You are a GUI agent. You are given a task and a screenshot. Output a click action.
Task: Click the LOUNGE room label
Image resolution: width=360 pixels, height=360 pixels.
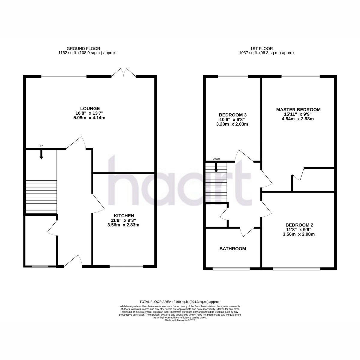click(90, 108)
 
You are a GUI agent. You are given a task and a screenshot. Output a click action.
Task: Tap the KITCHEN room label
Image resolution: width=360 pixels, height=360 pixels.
click(124, 216)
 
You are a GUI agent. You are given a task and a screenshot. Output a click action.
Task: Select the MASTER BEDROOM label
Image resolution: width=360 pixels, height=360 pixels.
click(298, 110)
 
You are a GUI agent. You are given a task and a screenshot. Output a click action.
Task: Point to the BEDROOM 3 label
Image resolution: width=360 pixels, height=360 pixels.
click(232, 115)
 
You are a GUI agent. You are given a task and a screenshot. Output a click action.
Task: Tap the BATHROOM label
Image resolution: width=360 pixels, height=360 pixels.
click(232, 249)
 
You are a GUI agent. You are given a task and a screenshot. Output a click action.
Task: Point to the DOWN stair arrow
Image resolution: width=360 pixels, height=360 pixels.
click(216, 168)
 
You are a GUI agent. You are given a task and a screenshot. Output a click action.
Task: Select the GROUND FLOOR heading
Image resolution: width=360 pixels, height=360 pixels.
click(83, 49)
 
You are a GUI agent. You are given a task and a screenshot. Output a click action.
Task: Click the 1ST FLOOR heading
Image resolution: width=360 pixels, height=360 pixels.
click(262, 49)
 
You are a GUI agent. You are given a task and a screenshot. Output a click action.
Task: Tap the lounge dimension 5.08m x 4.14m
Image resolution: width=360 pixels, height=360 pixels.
click(89, 118)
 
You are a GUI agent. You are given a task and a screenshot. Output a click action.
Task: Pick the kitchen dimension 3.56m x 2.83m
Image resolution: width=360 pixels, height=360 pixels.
click(123, 225)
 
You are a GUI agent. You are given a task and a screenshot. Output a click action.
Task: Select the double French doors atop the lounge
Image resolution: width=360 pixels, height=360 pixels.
click(124, 73)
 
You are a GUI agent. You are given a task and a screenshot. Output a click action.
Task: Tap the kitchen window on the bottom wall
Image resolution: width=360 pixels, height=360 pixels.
click(126, 266)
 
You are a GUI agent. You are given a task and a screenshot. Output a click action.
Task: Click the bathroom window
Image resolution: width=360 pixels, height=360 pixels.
click(231, 269)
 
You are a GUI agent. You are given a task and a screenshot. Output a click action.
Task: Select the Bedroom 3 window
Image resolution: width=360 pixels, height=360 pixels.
click(233, 76)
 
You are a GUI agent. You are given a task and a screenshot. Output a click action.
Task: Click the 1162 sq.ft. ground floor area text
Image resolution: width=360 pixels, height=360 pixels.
click(88, 53)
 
